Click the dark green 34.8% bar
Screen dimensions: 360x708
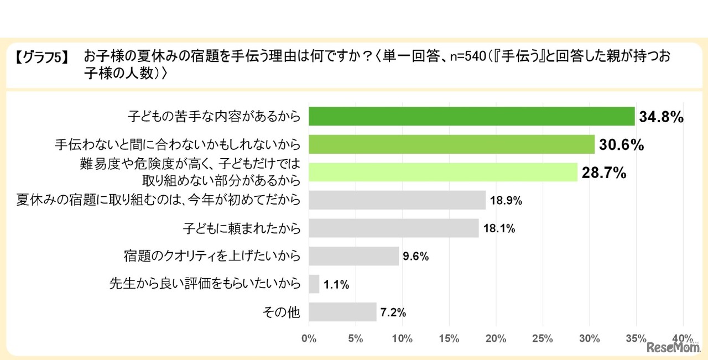[471, 117]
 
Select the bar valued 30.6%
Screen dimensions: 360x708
[451, 145]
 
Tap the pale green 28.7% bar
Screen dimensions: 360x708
[442, 173]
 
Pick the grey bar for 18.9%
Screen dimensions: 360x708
[397, 200]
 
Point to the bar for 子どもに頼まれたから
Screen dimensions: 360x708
[393, 228]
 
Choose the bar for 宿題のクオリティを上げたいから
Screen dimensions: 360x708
[353, 256]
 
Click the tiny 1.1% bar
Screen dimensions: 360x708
[314, 284]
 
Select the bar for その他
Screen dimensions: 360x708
[342, 312]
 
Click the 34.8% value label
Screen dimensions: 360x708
[662, 117]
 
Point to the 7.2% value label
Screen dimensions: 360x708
[393, 312]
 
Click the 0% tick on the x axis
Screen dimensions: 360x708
[309, 338]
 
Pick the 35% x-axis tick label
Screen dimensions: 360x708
[636, 338]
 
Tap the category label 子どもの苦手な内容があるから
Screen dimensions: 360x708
[214, 117]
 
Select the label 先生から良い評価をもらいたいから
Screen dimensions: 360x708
[205, 284]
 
